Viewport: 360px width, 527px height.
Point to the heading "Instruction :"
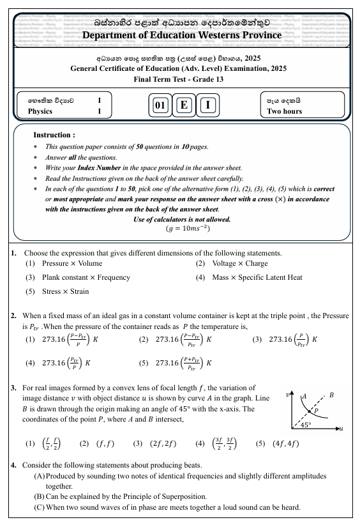tap(54, 135)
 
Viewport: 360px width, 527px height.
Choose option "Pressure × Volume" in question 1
tap(71, 263)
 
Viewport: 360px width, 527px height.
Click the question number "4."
tap(14, 465)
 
